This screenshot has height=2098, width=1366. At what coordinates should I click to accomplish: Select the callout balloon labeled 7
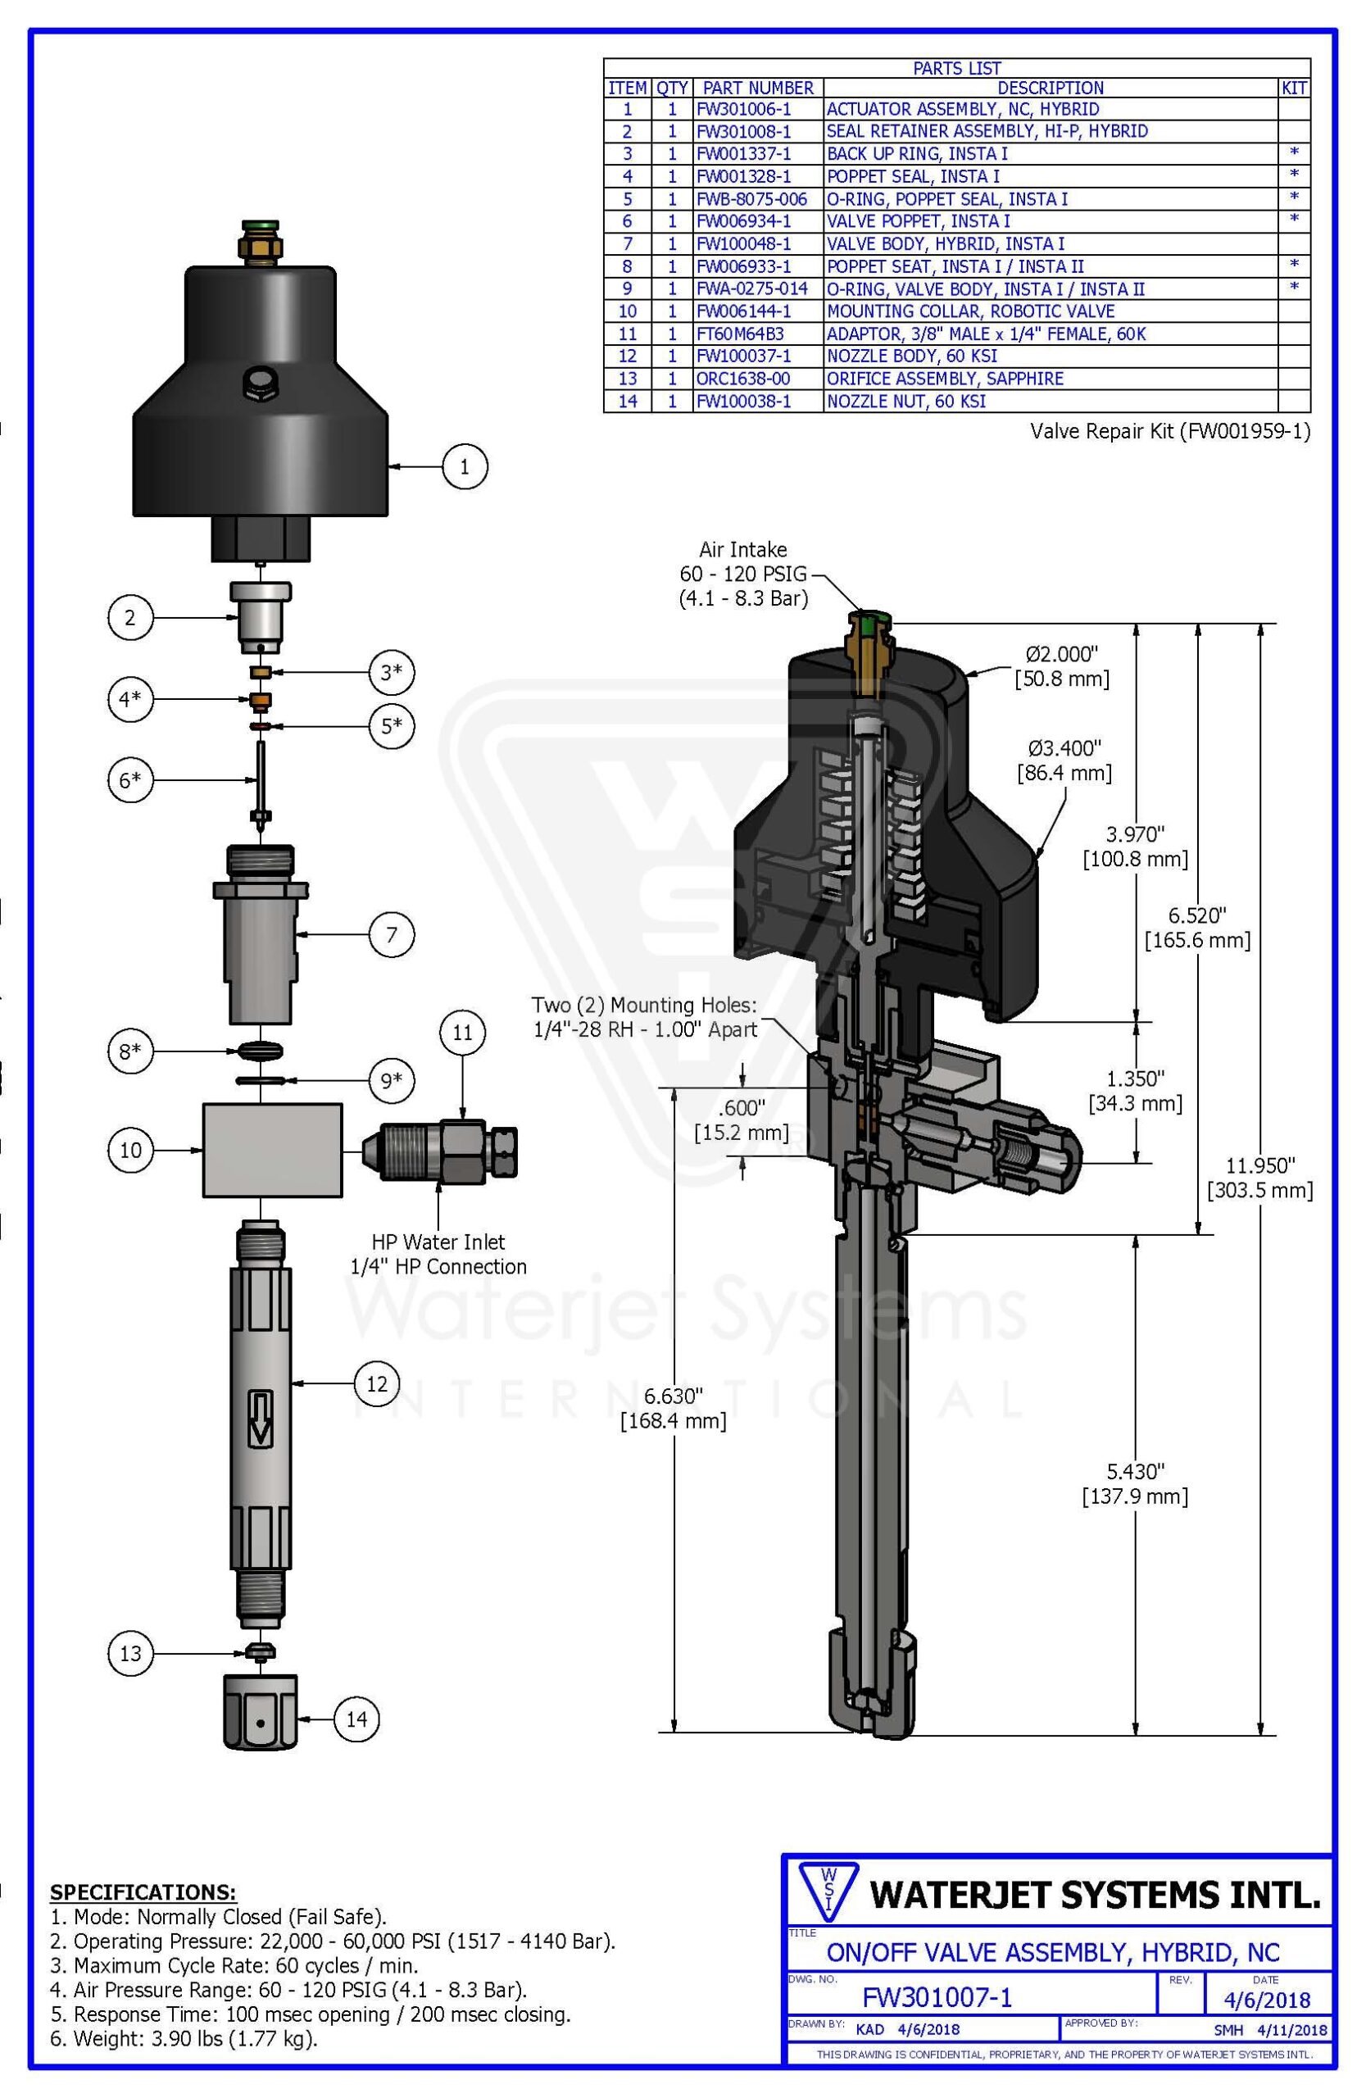pyautogui.click(x=392, y=933)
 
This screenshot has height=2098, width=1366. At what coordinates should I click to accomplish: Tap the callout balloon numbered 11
pyautogui.click(x=463, y=1033)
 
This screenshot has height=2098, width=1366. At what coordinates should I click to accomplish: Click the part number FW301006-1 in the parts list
pyautogui.click(x=743, y=109)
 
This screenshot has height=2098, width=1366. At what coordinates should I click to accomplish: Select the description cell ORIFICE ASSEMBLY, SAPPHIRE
pyautogui.click(x=944, y=379)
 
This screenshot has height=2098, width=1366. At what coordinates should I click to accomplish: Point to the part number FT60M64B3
pyautogui.click(x=739, y=334)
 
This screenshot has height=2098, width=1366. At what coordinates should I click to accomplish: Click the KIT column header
pyautogui.click(x=1293, y=89)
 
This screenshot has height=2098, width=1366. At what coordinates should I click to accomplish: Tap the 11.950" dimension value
pyautogui.click(x=1260, y=1165)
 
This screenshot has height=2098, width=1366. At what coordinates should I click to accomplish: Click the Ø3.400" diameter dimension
pyautogui.click(x=1064, y=748)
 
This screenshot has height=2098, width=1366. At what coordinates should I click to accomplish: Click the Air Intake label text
pyautogui.click(x=743, y=550)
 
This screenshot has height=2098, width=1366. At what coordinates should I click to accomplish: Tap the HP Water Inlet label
pyautogui.click(x=438, y=1242)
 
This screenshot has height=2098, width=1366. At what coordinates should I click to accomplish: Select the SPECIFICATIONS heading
pyautogui.click(x=143, y=1891)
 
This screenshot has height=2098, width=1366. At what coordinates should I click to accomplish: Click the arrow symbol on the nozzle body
pyautogui.click(x=260, y=1419)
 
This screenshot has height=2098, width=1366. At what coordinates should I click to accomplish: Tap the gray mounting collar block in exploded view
pyautogui.click(x=272, y=1150)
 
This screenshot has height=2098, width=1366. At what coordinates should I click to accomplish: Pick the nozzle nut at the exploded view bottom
pyautogui.click(x=259, y=1711)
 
